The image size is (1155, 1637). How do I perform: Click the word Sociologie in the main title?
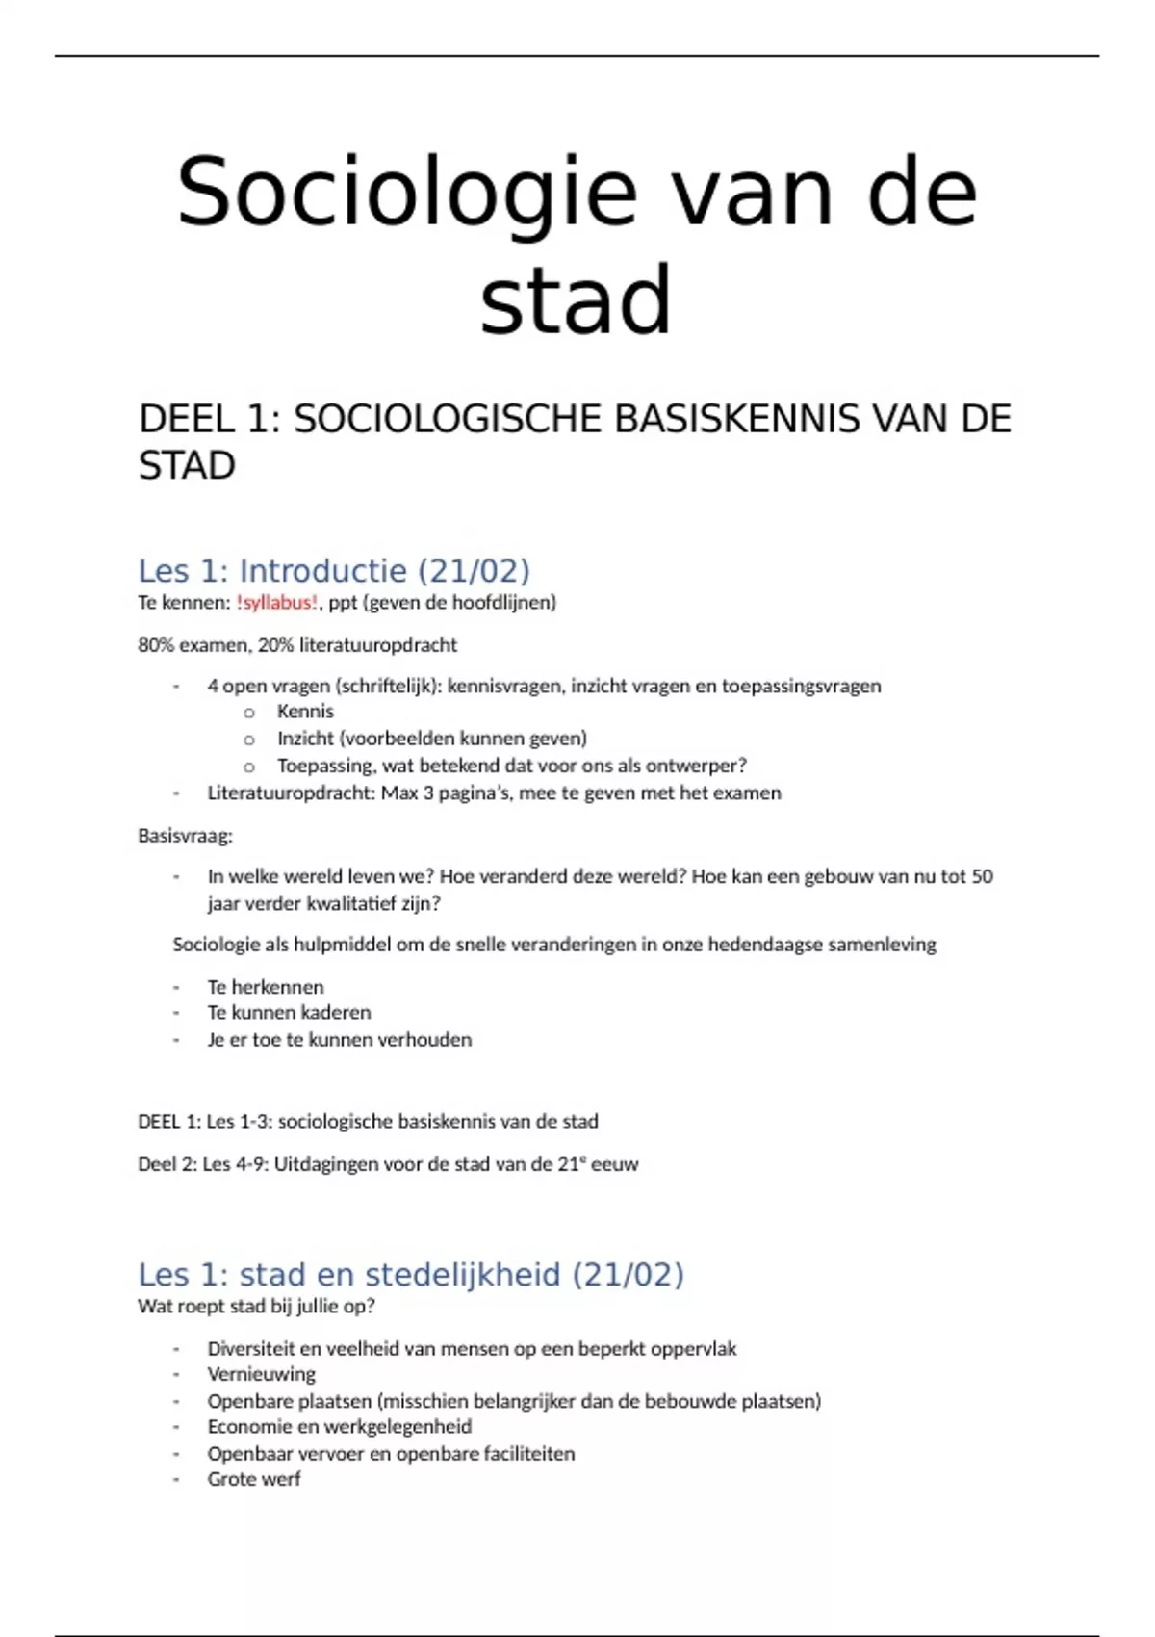pos(406,193)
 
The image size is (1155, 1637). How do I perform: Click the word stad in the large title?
pos(576,299)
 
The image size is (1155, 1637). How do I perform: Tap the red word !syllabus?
pos(276,603)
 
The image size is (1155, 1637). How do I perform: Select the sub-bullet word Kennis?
pos(305,712)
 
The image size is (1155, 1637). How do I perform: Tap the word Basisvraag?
pos(185,836)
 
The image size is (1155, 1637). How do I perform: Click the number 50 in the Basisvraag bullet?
pos(982,877)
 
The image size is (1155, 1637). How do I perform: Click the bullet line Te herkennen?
pos(266,987)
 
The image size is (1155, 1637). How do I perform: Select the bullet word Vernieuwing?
pos(261,1375)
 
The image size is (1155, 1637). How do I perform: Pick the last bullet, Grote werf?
pos(254,1479)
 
